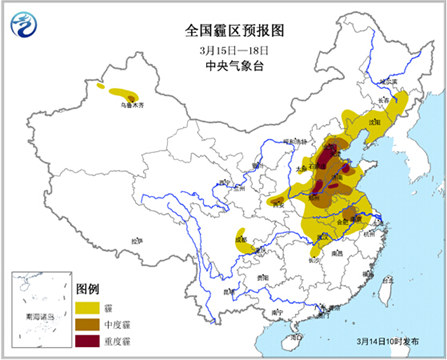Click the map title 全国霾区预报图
point(224,30)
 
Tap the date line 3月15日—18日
point(224,51)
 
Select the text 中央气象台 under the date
point(224,67)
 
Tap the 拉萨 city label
point(135,242)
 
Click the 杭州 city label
point(373,237)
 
